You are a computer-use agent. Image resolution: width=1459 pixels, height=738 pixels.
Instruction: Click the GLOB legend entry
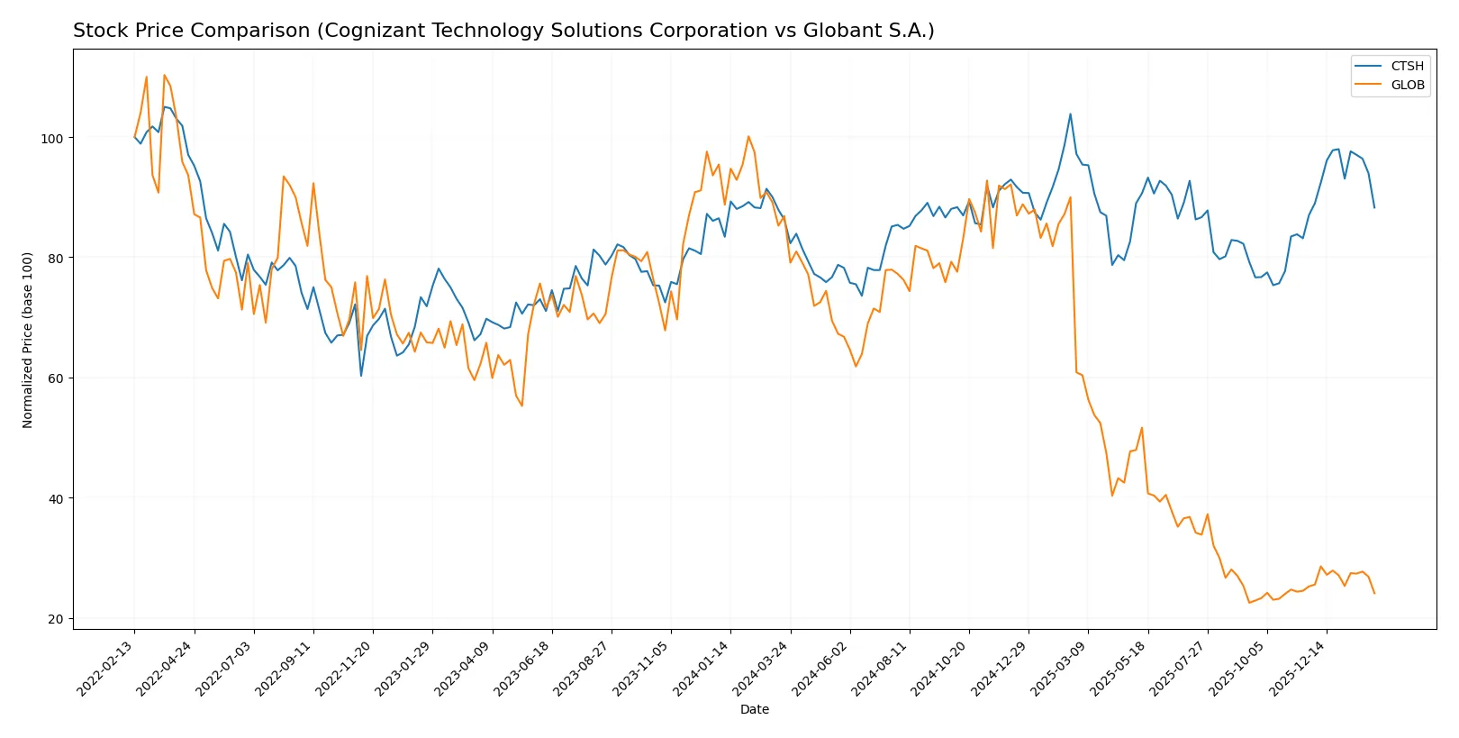[x=1407, y=85]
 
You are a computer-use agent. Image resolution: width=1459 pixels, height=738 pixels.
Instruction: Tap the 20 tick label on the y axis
[x=56, y=619]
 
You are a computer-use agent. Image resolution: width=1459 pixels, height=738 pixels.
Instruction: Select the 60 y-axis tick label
[x=56, y=378]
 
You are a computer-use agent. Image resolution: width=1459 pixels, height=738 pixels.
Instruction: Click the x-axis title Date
[x=754, y=709]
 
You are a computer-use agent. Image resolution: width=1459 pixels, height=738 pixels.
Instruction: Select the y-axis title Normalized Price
[x=28, y=340]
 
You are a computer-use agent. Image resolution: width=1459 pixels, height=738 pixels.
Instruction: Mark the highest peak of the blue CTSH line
[x=1070, y=114]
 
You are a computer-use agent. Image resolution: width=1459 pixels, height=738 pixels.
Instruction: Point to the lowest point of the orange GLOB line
[x=1249, y=603]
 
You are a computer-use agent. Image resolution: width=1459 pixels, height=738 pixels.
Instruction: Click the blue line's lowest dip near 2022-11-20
[x=361, y=376]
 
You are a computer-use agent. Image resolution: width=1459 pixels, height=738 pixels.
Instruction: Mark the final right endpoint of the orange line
[x=1374, y=594]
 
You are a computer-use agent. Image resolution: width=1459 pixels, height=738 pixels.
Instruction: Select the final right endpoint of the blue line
[x=1374, y=208]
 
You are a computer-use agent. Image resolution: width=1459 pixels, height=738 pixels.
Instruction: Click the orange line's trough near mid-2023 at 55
[x=521, y=405]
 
